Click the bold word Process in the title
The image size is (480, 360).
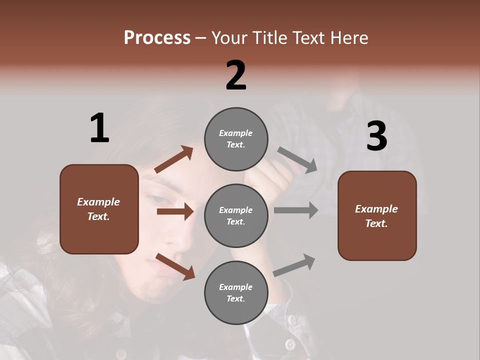pos(157,37)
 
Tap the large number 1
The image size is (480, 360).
pos(99,128)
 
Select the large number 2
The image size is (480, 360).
pos(236,75)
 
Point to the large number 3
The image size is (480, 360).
pos(376,136)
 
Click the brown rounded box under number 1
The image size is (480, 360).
pos(99,209)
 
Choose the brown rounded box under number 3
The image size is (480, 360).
pos(377,215)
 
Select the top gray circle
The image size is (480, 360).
pos(236,139)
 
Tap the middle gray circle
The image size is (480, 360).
pos(236,215)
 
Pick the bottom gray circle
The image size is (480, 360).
pos(236,292)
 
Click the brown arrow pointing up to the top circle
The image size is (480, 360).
pos(173,159)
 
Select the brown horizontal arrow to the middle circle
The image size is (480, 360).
pos(175,211)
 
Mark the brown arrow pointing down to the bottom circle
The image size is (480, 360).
pos(175,266)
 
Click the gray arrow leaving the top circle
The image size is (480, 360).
pos(297,159)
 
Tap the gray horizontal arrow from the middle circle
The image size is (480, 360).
pos(295,210)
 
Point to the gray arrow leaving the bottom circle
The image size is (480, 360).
pos(294,265)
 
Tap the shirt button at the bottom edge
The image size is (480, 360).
pos(290,344)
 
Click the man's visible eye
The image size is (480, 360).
pos(158,199)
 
